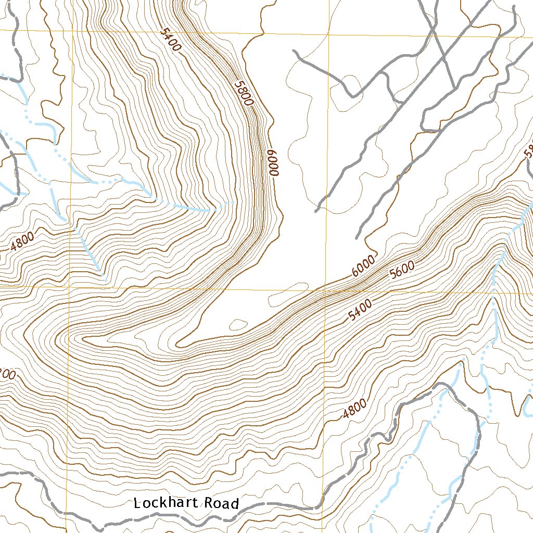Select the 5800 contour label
pos(243,93)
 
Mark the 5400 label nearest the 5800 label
pos(170,40)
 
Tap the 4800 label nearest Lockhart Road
pos(354,409)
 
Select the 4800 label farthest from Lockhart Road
pos(22,241)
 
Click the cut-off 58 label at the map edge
pos(528,151)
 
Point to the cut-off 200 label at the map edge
pos(9,374)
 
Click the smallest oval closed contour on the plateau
pos(238,325)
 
